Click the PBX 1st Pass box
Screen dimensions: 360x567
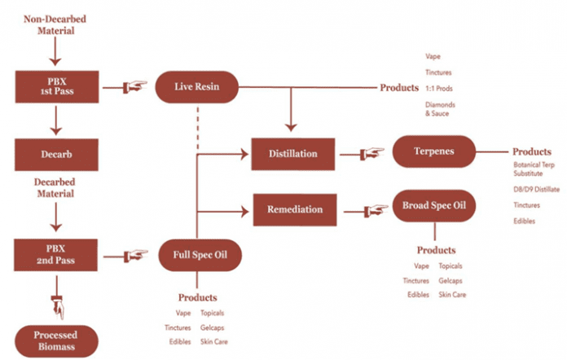[55, 84]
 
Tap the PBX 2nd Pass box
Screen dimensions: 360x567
[55, 255]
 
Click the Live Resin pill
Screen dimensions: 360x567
[198, 85]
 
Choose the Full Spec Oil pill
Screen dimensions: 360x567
[198, 255]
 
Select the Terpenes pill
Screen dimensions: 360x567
[433, 151]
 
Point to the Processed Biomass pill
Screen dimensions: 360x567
[55, 340]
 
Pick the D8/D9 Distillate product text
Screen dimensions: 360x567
[536, 189]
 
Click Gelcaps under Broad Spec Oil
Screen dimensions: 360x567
[451, 280]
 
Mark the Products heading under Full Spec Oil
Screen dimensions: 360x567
[198, 297]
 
